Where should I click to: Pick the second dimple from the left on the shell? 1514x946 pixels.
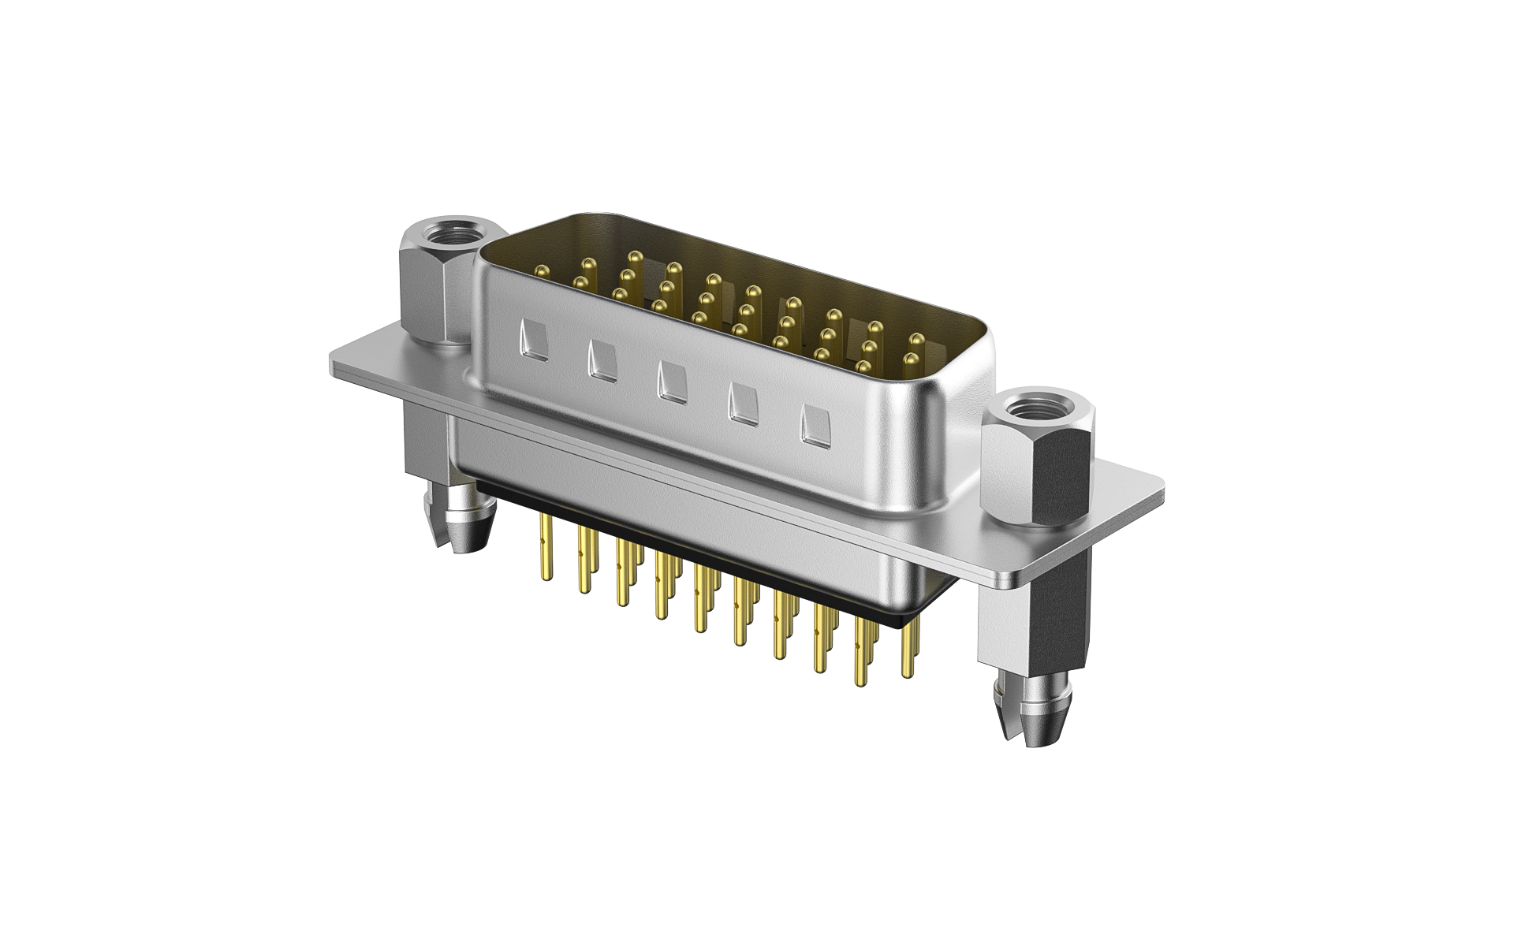tap(602, 363)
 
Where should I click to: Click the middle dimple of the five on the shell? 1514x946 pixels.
tap(671, 382)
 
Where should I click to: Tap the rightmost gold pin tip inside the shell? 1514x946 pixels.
tap(916, 339)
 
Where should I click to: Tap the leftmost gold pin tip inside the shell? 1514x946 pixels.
tap(541, 271)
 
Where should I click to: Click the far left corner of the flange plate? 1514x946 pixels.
tap(333, 363)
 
